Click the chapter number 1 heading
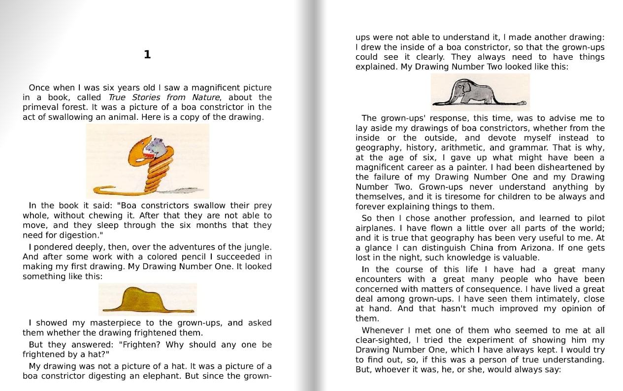147,55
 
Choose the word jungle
257,247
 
